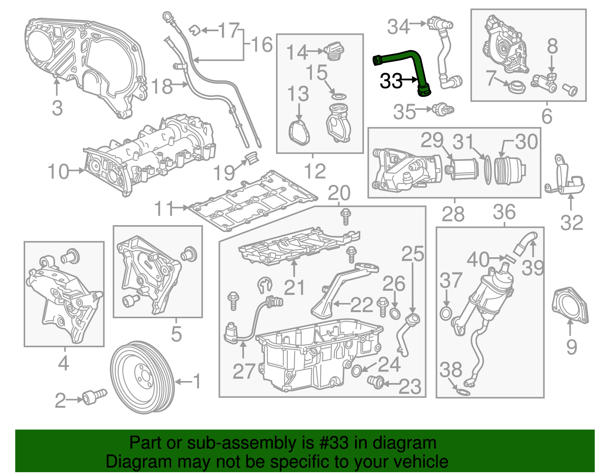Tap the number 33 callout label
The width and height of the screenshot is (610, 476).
tap(391, 81)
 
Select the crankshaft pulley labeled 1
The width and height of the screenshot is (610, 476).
tap(142, 377)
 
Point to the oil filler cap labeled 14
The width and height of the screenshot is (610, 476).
tap(334, 51)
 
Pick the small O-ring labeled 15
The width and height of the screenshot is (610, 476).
tap(339, 95)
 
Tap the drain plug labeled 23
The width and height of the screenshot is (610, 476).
tap(376, 381)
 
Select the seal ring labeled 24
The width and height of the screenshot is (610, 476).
tap(356, 370)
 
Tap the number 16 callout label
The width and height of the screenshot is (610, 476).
tap(262, 45)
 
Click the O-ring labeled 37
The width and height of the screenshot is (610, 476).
tap(445, 314)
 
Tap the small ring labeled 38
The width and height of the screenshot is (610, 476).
tap(463, 392)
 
